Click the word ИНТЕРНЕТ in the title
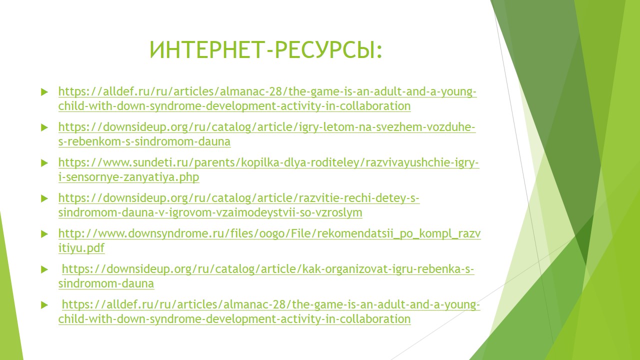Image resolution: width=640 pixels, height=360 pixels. pos(205,49)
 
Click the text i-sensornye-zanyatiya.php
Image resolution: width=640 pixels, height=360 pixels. pos(128,177)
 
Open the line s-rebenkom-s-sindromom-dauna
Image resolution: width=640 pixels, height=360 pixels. pos(144,141)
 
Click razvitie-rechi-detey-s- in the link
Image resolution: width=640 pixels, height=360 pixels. pos(359,198)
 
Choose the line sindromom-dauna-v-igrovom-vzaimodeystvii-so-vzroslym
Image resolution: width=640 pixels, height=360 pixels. pos(210,212)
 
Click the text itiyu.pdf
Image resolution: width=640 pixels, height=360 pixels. pos(81,248)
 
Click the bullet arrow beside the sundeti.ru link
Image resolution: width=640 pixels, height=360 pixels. pos(44,163)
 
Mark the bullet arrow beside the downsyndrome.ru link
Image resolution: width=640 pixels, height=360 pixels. pos(44,234)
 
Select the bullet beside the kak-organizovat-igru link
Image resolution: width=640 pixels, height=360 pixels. pos(44,269)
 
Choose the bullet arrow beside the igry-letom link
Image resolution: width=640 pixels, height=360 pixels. pos(44,127)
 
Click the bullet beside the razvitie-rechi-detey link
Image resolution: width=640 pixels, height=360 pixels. pos(44,198)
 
